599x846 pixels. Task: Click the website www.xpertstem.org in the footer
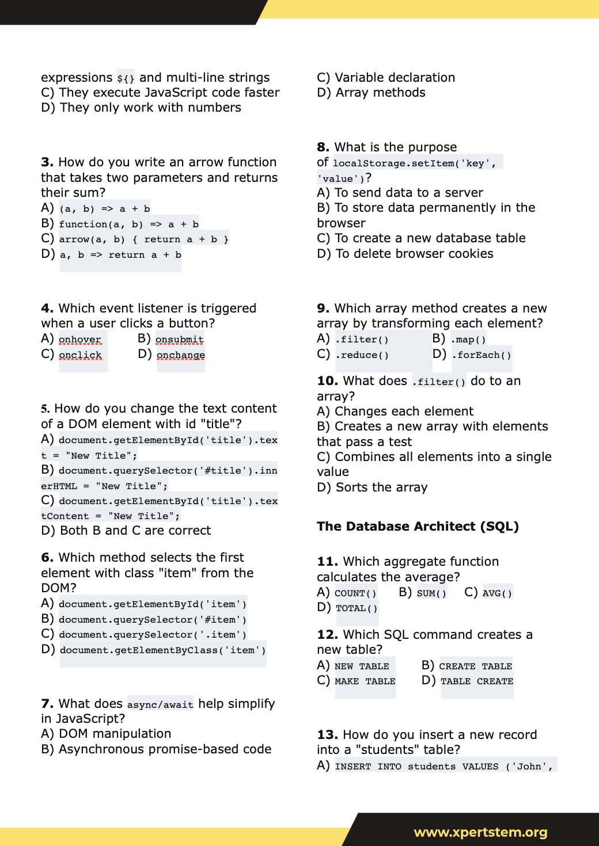[480, 832]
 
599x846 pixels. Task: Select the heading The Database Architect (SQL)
[418, 527]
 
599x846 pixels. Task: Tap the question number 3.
[47, 162]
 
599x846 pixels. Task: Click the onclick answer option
[80, 355]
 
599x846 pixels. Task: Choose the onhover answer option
[80, 340]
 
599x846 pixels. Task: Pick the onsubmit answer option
[179, 340]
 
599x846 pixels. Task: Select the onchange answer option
[180, 355]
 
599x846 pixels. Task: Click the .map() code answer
[468, 340]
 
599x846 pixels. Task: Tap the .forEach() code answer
[482, 355]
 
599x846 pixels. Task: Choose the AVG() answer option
[497, 593]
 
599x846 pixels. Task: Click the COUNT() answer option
[355, 593]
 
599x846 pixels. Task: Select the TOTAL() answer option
[357, 608]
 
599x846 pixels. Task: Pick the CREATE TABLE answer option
[475, 666]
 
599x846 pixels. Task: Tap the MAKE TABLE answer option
[365, 681]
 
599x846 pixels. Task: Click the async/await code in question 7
[160, 705]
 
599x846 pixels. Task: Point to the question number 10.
[327, 381]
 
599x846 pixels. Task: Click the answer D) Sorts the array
[372, 487]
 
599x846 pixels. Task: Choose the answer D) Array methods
[371, 93]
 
